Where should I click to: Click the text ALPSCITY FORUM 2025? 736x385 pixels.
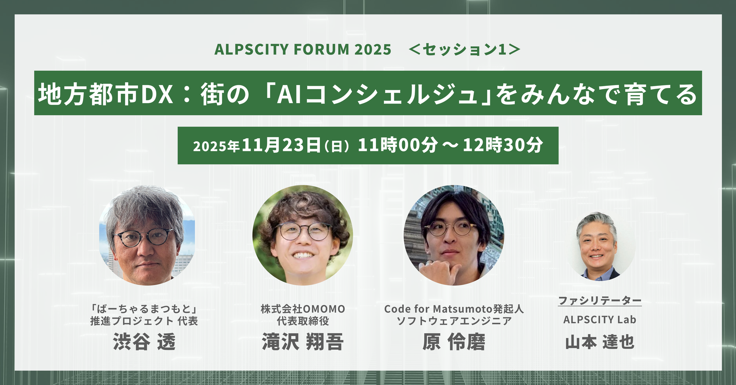[303, 50]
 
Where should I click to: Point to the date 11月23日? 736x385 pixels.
[281, 145]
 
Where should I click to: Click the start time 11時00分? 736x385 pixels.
[398, 145]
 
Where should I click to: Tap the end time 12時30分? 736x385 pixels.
[502, 145]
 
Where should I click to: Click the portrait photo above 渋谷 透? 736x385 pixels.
[147, 236]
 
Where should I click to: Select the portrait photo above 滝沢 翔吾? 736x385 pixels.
[303, 236]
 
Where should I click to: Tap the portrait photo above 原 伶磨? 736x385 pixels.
[454, 236]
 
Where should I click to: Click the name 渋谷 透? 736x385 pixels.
[144, 342]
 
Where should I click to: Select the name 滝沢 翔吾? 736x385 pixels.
[303, 342]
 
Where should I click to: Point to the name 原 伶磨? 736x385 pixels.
[454, 342]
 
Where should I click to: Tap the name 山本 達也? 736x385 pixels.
[600, 342]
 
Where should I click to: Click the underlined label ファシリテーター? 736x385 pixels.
[600, 301]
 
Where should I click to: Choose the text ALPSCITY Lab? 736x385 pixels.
[600, 320]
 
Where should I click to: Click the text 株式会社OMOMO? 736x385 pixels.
[303, 309]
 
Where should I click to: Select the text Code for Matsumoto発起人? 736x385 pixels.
[454, 309]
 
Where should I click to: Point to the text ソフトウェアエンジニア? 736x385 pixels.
[454, 321]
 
